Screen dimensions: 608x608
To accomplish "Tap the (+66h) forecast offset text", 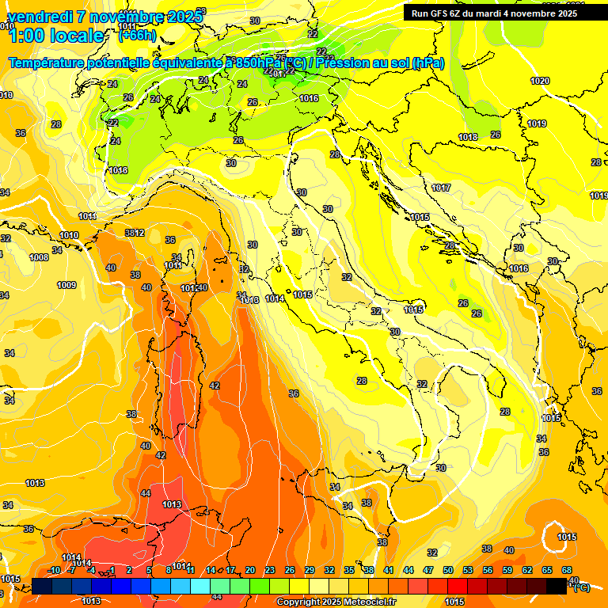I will pos(136,36).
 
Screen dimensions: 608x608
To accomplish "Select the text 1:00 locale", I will pos(55,36).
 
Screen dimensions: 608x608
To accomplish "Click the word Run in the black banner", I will pos(420,13).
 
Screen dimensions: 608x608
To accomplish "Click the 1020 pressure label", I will pos(540,81).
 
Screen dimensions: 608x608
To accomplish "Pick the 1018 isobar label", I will pos(468,137).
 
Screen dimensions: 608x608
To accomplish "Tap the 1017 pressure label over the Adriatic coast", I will pos(441,188).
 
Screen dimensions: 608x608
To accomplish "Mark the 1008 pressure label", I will pos(39,257).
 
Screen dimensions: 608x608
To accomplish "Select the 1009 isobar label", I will pos(66,285).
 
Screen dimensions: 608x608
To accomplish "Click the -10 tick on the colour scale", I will pos(54,570).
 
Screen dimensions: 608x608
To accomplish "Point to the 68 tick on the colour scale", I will pos(567,570).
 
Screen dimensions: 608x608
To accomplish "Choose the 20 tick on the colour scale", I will pos(250,570).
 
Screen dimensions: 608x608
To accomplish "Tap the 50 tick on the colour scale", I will pos(448,570).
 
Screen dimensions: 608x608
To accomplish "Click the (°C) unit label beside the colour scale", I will pos(580,587).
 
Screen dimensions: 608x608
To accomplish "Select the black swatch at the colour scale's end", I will pos(557,587).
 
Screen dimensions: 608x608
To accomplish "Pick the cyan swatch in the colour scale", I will pos(200,587).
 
